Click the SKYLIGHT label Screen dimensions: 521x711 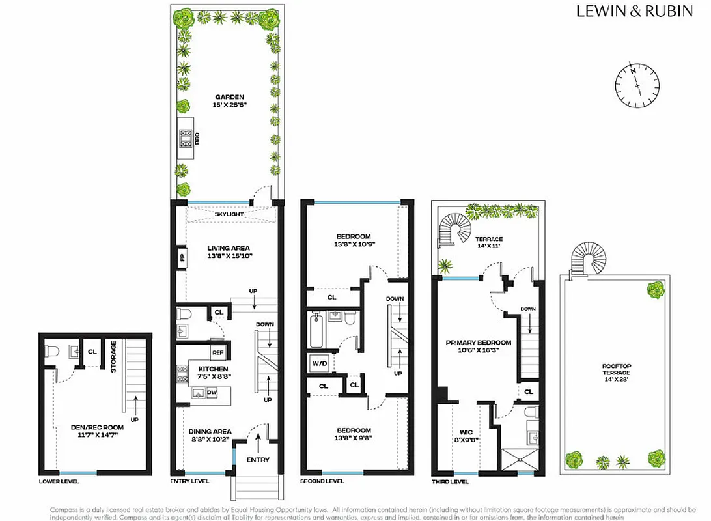tap(229, 214)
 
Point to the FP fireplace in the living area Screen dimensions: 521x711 tap(182, 257)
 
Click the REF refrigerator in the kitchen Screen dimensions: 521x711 tap(217, 352)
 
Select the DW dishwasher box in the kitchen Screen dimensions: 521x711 tap(211, 392)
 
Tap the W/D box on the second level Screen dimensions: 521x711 tap(318, 363)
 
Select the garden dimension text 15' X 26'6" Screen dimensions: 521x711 tap(228, 105)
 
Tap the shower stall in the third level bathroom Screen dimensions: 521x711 tap(520, 458)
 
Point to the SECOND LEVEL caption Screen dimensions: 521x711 tap(322, 481)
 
